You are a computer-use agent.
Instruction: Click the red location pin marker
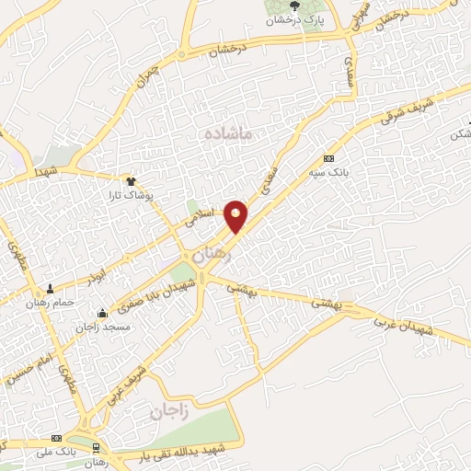click(236, 215)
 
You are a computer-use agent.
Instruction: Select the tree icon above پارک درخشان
click(294, 7)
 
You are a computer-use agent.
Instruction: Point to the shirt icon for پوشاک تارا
click(131, 180)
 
